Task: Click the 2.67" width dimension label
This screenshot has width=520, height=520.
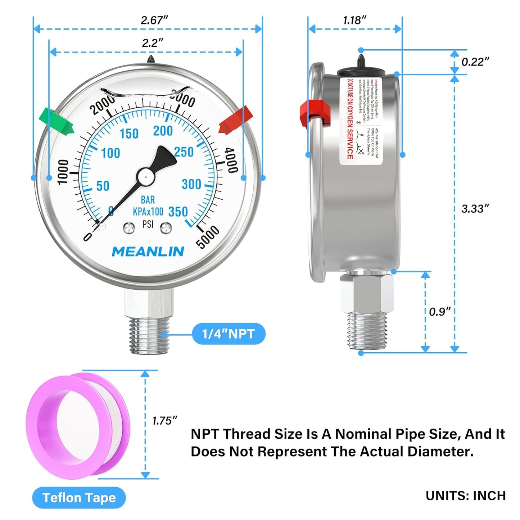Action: point(154,21)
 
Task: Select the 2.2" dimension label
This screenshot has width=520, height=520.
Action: point(152,43)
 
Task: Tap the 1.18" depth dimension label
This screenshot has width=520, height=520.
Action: point(354,21)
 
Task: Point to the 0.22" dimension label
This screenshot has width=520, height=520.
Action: point(475,62)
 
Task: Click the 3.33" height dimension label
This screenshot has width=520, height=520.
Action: point(475,209)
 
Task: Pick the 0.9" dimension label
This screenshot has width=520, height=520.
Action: point(439,312)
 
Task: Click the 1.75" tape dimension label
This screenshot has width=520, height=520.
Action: point(164,420)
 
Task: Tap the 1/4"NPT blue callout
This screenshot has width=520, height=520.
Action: point(229,334)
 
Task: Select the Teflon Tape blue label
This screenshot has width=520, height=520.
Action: point(79,498)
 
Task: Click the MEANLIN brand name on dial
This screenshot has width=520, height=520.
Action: point(148,252)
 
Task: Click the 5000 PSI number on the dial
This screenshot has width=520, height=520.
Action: point(208,236)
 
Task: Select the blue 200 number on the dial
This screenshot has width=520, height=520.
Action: point(163,131)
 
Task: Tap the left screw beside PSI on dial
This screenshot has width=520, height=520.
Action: point(129,228)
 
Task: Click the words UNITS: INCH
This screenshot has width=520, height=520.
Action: point(465,496)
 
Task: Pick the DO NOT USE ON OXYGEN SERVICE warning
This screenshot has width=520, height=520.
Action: point(349,119)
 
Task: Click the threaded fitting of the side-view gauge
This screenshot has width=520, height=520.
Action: point(367,330)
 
